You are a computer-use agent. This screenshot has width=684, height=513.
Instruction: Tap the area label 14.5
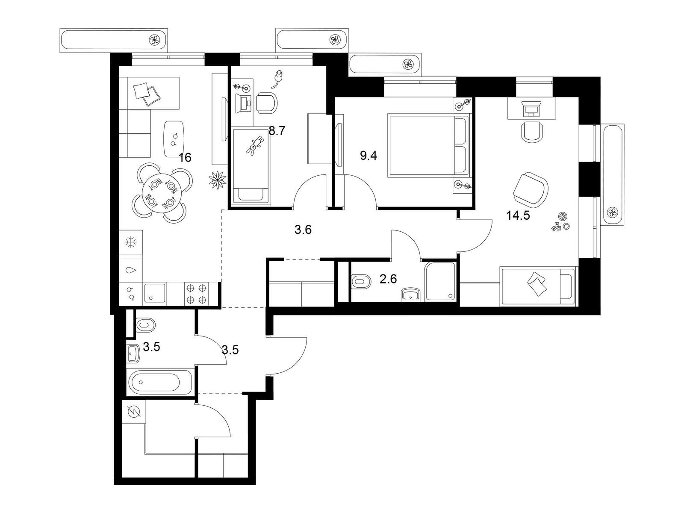tap(518, 215)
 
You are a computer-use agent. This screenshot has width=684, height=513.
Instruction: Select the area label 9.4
tap(369, 156)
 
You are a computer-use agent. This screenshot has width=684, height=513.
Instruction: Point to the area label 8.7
tap(277, 131)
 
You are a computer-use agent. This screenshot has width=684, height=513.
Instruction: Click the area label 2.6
tap(388, 279)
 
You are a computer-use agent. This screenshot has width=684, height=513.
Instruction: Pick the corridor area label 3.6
tap(303, 230)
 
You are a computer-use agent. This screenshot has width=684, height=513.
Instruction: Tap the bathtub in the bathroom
tap(160, 383)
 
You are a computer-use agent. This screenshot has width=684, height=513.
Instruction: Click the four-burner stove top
tap(196, 294)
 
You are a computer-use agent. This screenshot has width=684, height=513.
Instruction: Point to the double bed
tap(428, 145)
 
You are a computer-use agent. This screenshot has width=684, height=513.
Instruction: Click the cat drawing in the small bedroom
tap(278, 79)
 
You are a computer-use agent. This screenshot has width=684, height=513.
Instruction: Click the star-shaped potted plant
tap(218, 180)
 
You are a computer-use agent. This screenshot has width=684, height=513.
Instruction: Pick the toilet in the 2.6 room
tap(361, 281)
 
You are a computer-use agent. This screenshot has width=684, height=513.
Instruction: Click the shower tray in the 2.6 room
tap(440, 281)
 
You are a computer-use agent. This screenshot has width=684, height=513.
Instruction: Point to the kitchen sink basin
tap(155, 294)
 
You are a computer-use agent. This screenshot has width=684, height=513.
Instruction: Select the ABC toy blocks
tap(557, 227)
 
